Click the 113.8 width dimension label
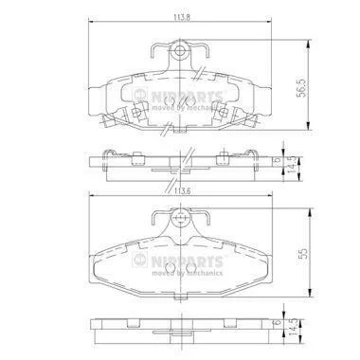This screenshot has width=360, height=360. tap(182, 18)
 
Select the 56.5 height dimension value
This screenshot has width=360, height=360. tap(302, 88)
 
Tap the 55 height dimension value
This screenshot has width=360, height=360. tap(302, 253)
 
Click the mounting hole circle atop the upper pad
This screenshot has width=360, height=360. tap(179, 50)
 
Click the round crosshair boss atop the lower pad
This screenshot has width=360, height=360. tap(180, 218)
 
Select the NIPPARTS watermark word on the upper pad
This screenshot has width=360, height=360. tap(187, 96)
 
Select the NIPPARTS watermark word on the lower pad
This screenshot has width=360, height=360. tap(187, 261)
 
